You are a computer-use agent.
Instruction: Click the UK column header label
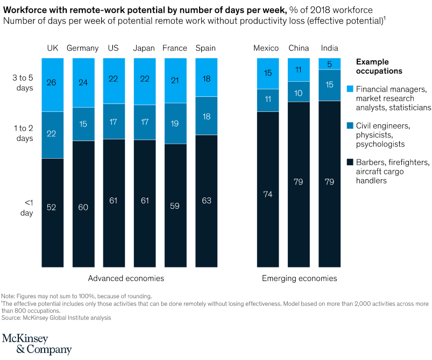[x=52, y=48]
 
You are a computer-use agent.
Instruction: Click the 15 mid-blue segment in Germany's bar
[x=83, y=124]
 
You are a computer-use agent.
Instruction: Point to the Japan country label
[x=144, y=48]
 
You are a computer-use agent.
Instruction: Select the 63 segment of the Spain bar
[x=206, y=201]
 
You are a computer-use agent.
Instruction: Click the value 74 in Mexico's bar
[x=267, y=195]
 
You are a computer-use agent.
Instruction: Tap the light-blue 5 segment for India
[x=329, y=63]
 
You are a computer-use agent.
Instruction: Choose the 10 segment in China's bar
[x=298, y=92]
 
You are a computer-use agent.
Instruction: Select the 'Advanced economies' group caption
[x=126, y=278]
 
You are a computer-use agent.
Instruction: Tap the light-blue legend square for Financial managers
[x=350, y=88]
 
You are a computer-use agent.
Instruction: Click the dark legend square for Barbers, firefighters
[x=350, y=162]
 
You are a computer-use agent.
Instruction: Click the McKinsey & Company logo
[x=37, y=343]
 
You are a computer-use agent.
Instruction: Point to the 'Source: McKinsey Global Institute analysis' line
[x=56, y=317]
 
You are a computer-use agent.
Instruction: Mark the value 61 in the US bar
[x=114, y=201]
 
